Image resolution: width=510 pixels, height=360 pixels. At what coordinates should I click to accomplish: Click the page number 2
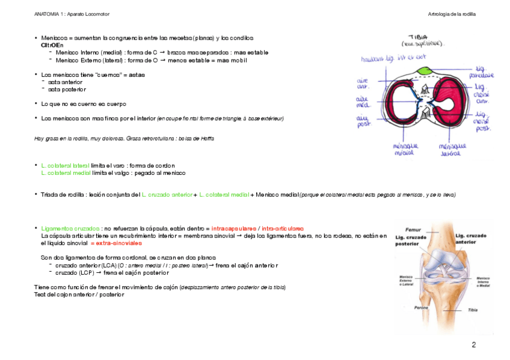coord(473,345)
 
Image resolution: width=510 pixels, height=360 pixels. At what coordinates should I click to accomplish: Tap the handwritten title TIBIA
coord(419,37)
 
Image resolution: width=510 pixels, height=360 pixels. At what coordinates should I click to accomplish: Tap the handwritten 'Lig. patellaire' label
coord(484,73)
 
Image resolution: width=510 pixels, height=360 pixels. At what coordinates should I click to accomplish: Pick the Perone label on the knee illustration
coord(421,307)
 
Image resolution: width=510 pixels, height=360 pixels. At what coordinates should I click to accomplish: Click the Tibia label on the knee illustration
coord(475,310)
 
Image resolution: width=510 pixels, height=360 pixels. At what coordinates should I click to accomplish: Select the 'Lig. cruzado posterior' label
coord(408,240)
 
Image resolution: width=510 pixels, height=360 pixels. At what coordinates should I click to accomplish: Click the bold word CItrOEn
coord(52,45)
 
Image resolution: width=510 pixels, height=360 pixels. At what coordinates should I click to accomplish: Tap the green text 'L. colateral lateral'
coord(65,165)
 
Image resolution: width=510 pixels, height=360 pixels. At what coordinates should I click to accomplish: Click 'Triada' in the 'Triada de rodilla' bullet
coord(50,195)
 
